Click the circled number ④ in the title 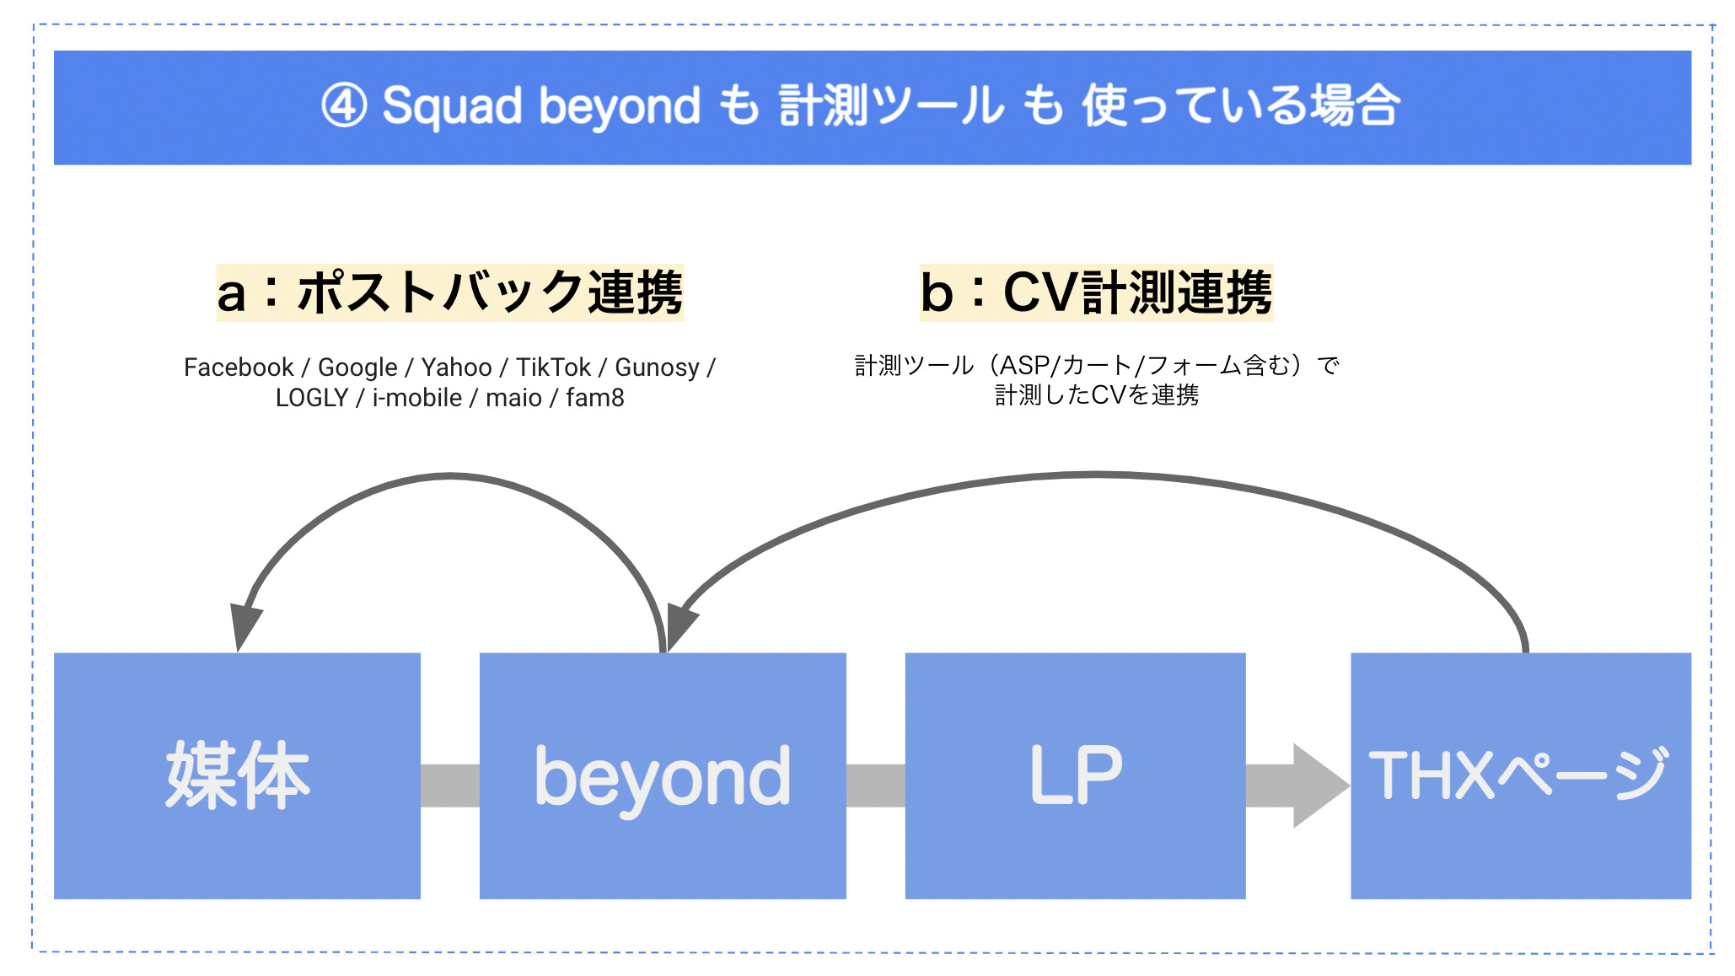click(x=344, y=107)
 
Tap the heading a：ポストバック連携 click(x=449, y=292)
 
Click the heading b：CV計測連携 click(x=1096, y=292)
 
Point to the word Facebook click(x=239, y=367)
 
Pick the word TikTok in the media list click(x=553, y=367)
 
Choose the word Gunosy click(x=658, y=368)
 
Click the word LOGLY click(x=312, y=398)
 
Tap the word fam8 click(x=595, y=398)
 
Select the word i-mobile click(x=417, y=398)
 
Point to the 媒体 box click(x=237, y=775)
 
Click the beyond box click(x=663, y=775)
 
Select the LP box click(x=1075, y=775)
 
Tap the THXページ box click(x=1521, y=775)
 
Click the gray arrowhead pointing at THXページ click(x=1319, y=786)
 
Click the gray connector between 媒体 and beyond click(x=450, y=786)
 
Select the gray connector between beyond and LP click(x=876, y=786)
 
